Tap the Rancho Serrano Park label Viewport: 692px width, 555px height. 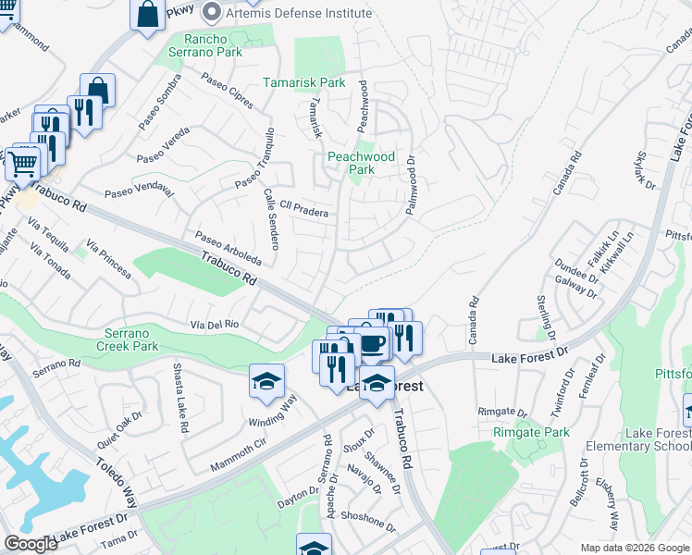click(213, 45)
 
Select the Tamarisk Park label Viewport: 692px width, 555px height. click(304, 82)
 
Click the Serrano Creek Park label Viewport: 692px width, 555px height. click(128, 339)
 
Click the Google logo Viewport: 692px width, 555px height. click(30, 544)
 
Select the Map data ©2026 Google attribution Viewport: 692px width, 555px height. click(634, 548)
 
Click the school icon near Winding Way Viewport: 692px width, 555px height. click(266, 381)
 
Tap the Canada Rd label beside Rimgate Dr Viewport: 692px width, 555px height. click(474, 320)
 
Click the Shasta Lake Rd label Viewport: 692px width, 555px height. click(179, 399)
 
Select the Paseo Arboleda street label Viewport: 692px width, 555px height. click(228, 249)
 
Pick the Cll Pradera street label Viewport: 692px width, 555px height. click(297, 211)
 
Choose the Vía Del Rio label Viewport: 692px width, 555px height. click(215, 324)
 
